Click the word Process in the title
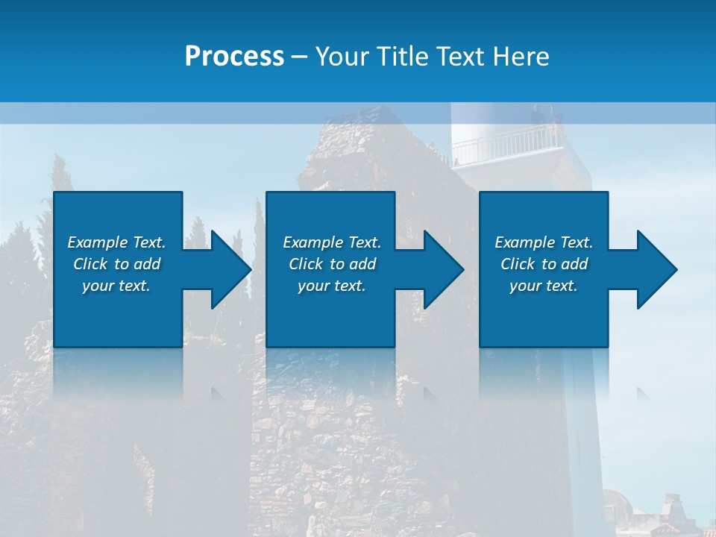coord(234,57)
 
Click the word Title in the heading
coord(400,57)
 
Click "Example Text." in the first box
coord(116,242)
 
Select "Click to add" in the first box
coord(116,264)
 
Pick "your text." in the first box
coord(116,286)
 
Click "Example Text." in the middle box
coord(332,242)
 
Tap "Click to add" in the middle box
coord(332,264)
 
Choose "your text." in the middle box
coord(332,286)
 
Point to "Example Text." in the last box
coord(544,242)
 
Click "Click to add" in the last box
coord(544,264)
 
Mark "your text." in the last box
coord(544,286)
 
